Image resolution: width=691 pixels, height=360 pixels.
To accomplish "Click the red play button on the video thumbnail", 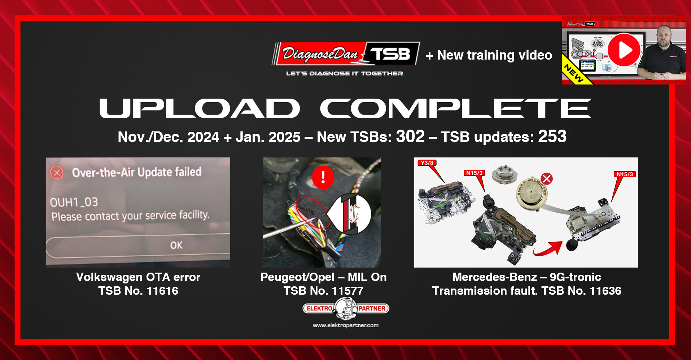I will [624, 50].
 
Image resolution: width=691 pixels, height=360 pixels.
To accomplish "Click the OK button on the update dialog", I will [176, 245].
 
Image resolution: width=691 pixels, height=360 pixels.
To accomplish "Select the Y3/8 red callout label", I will [427, 163].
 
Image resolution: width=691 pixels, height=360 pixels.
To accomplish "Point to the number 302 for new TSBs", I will [410, 136].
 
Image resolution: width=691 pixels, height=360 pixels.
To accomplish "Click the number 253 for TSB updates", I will [552, 136].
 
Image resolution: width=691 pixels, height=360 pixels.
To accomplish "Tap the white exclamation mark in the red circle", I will [323, 177].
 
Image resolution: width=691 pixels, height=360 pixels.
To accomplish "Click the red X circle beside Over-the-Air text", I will [57, 173].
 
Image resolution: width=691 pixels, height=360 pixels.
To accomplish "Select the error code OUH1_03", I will [74, 202].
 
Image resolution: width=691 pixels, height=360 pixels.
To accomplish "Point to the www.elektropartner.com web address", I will [345, 325].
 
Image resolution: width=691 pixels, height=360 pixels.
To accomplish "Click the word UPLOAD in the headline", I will [199, 108].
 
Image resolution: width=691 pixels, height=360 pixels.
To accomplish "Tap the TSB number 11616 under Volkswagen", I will [162, 291].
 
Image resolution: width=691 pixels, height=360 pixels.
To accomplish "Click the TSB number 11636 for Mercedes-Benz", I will [605, 291].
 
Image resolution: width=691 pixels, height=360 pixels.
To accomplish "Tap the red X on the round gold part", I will [547, 179].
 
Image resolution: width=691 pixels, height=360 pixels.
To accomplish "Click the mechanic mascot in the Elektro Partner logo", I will [345, 308].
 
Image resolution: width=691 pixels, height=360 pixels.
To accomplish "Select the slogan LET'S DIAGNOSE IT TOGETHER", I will [344, 73].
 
